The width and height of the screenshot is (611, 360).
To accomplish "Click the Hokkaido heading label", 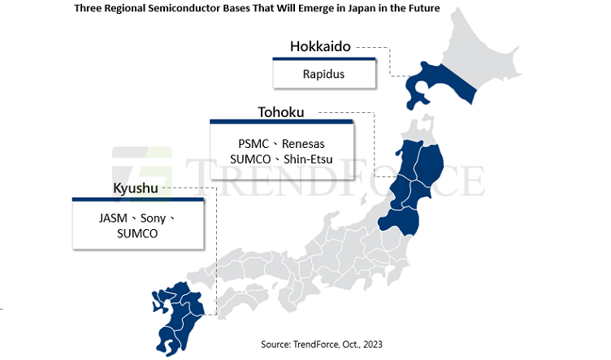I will click(x=320, y=46).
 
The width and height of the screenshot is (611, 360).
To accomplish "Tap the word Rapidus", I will click(x=323, y=74).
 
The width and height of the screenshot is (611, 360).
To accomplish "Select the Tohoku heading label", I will click(x=281, y=111).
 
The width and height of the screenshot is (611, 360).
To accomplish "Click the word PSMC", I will click(x=248, y=143).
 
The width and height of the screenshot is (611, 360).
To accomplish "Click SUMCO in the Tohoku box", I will click(x=252, y=158).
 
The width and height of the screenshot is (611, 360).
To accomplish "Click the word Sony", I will click(x=154, y=219).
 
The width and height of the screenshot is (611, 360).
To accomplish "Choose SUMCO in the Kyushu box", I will click(x=136, y=233).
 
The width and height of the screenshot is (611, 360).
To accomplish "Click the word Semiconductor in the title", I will click(x=212, y=9).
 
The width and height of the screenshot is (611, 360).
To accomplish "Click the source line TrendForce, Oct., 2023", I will click(x=321, y=345).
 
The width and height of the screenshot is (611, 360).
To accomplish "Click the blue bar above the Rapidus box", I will click(x=323, y=59).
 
